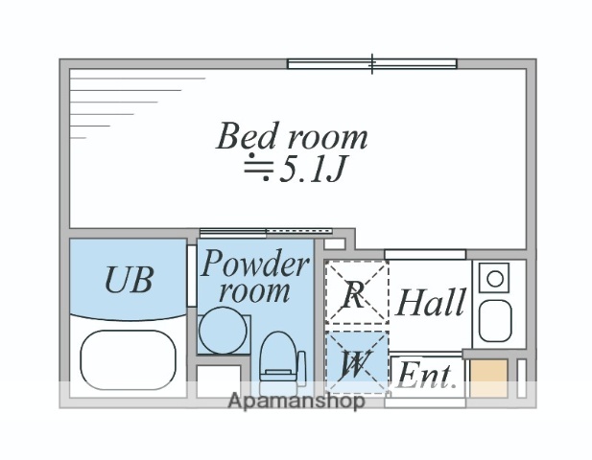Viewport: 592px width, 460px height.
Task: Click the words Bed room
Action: coord(291,136)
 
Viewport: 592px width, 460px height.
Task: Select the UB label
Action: coord(128,280)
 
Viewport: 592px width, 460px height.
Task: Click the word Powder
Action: coord(255,264)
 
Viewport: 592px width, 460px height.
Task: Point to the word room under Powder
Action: coord(255,290)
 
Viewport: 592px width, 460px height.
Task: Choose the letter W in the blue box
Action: coord(354,363)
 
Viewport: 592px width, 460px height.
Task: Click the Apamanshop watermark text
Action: coord(296,402)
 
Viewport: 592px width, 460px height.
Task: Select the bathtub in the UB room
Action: coord(129,359)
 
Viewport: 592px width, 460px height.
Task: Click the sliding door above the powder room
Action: coord(265,231)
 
